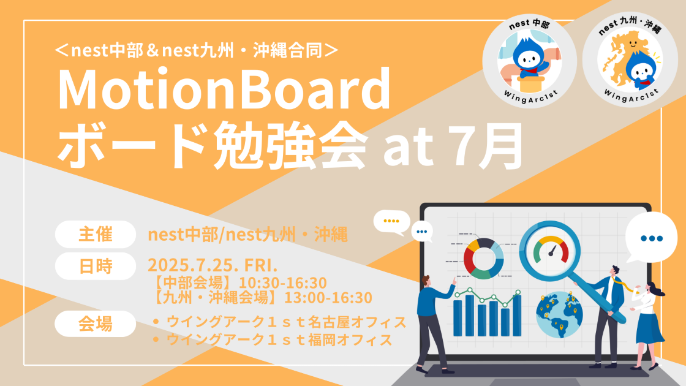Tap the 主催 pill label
(96, 235)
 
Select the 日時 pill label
(96, 266)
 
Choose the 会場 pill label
(96, 324)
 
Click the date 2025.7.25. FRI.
(213, 265)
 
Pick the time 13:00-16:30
(328, 298)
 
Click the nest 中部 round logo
(529, 61)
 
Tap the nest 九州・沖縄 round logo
(630, 59)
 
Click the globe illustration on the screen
(559, 315)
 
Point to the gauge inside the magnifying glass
(551, 249)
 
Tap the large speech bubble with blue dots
(652, 238)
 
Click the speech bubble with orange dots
(391, 222)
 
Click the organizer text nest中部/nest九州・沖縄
(247, 235)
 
